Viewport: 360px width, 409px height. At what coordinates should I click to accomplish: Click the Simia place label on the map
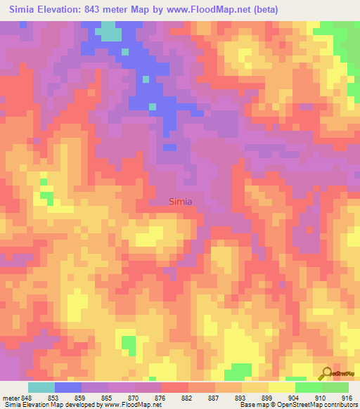pos(181,201)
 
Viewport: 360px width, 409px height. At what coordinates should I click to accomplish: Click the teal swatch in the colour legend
pos(41,387)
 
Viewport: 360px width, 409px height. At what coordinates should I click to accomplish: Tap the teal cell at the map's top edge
pos(108,32)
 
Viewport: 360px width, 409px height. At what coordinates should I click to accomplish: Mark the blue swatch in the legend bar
pos(67,387)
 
